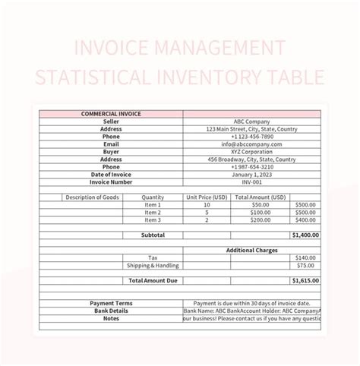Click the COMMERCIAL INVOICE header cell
[x=111, y=114]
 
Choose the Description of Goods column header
[x=92, y=197]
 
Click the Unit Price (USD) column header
[x=207, y=197]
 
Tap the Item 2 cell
[x=153, y=213]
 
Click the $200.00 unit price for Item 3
[x=260, y=220]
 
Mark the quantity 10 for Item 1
[x=207, y=205]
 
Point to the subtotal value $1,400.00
[x=305, y=235]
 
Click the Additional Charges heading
[x=252, y=250]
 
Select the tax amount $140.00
[x=306, y=257]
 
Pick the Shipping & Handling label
[x=153, y=265]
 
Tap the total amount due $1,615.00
[x=305, y=280]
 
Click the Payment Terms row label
[x=111, y=303]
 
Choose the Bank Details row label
[x=111, y=311]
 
